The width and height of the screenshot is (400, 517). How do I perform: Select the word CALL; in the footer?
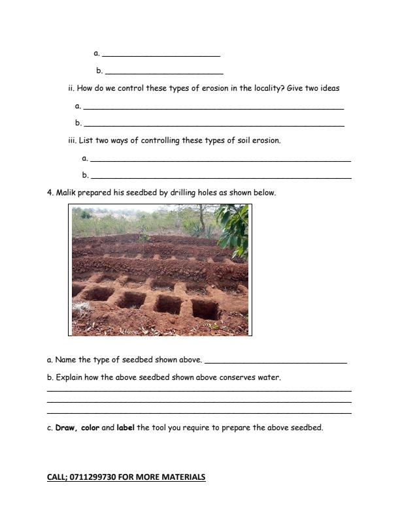57,477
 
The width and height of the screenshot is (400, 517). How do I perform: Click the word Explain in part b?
70,377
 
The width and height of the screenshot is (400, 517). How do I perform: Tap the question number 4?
50,193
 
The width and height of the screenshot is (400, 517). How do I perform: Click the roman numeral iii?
72,140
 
